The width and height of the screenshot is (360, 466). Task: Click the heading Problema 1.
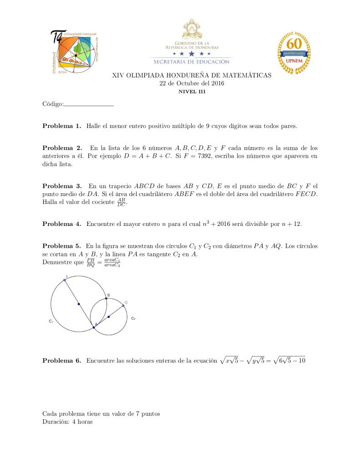[x=61, y=126]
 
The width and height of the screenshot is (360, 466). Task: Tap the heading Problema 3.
[x=61, y=186]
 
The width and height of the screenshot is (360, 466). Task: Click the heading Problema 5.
[x=61, y=246]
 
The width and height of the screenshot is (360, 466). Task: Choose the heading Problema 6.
[x=61, y=361]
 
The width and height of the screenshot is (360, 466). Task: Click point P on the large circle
[x=65, y=280]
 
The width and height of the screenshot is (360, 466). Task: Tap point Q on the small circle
[x=123, y=306]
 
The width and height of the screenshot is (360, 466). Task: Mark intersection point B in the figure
[x=106, y=298]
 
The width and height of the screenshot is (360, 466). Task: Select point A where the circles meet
[x=94, y=327]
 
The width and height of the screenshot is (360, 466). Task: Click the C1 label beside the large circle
[x=51, y=321]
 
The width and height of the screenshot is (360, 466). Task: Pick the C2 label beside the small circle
[x=133, y=318]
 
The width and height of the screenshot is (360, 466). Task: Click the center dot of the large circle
[x=79, y=304]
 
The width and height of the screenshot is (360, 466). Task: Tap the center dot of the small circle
[x=108, y=317]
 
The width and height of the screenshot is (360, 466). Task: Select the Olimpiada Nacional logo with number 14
[x=74, y=51]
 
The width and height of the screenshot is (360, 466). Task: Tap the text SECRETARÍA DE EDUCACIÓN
[x=191, y=61]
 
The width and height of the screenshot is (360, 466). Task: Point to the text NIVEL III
[x=192, y=91]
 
